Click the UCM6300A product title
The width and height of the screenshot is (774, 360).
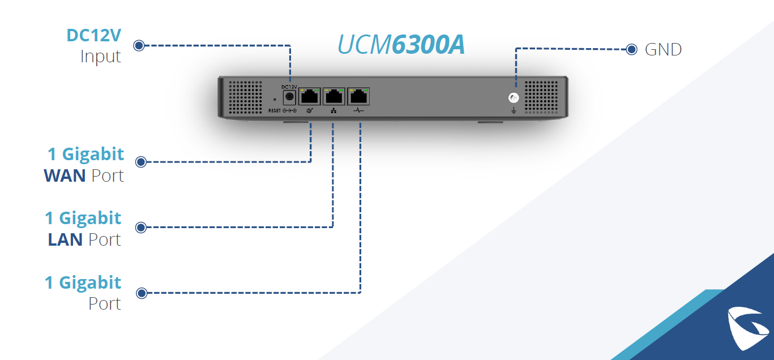401,44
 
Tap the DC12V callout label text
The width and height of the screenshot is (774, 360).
93,35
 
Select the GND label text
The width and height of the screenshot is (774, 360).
663,49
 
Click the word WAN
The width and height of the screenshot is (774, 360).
65,175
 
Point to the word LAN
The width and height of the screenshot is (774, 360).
65,239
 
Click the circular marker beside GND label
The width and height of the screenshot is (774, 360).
631,49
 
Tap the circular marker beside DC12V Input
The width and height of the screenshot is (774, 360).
139,45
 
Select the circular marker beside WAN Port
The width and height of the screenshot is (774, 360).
140,162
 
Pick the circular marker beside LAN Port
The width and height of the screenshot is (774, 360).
140,228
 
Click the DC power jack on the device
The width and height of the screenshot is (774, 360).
289,97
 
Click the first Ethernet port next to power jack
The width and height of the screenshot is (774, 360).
310,96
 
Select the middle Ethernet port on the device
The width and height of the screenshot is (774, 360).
334,96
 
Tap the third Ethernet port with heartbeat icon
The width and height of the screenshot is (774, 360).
358,96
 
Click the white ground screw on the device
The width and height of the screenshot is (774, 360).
514,98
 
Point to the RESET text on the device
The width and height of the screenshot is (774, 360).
275,110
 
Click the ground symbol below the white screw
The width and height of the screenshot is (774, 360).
514,110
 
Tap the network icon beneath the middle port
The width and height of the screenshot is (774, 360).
333,110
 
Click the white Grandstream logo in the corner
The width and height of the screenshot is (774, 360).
748,328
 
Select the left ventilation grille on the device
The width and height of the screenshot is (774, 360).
245,97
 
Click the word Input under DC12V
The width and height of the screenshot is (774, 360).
101,57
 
